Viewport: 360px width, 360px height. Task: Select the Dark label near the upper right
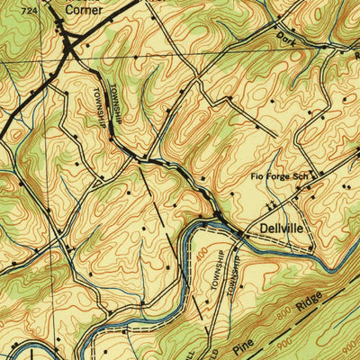286,39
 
